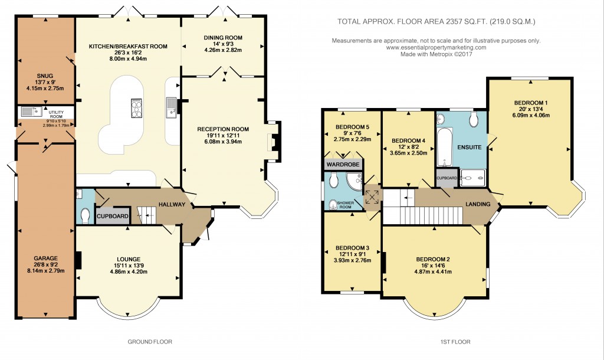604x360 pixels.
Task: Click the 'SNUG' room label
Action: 44,76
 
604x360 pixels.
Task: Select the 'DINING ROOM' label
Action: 223,38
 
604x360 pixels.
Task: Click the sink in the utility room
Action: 28,112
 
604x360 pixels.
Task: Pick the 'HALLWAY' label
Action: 172,205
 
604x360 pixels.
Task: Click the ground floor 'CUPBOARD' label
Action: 113,216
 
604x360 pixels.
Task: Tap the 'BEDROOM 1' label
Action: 530,103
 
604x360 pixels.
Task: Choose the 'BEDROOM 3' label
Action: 352,247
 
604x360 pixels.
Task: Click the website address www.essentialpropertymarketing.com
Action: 436,47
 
